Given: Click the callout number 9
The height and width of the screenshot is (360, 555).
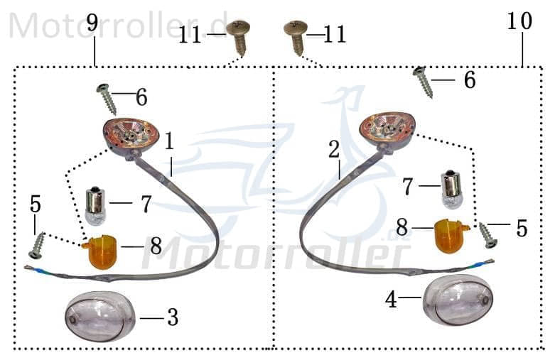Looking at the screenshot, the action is [x=92, y=23].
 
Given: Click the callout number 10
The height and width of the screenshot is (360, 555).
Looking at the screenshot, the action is [x=519, y=21].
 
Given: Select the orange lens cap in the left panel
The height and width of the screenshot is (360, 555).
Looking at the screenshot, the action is [x=101, y=253].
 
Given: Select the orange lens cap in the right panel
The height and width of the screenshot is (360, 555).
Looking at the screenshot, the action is [x=452, y=236].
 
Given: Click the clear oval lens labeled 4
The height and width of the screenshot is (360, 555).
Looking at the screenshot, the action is [x=458, y=300].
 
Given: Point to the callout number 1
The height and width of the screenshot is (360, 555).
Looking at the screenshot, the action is [x=170, y=141].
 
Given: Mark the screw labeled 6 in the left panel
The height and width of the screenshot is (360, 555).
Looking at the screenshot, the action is [x=107, y=99].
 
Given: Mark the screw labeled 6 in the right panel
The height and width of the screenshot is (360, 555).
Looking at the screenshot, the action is [x=424, y=82].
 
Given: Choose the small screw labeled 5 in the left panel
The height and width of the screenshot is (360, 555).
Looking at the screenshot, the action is [x=37, y=245].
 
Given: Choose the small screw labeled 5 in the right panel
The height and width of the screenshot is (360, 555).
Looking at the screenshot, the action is [x=488, y=235].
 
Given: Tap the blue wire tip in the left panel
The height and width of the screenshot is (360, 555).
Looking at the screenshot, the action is [x=36, y=271].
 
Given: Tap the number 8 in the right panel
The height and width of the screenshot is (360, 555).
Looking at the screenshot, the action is [x=402, y=227].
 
